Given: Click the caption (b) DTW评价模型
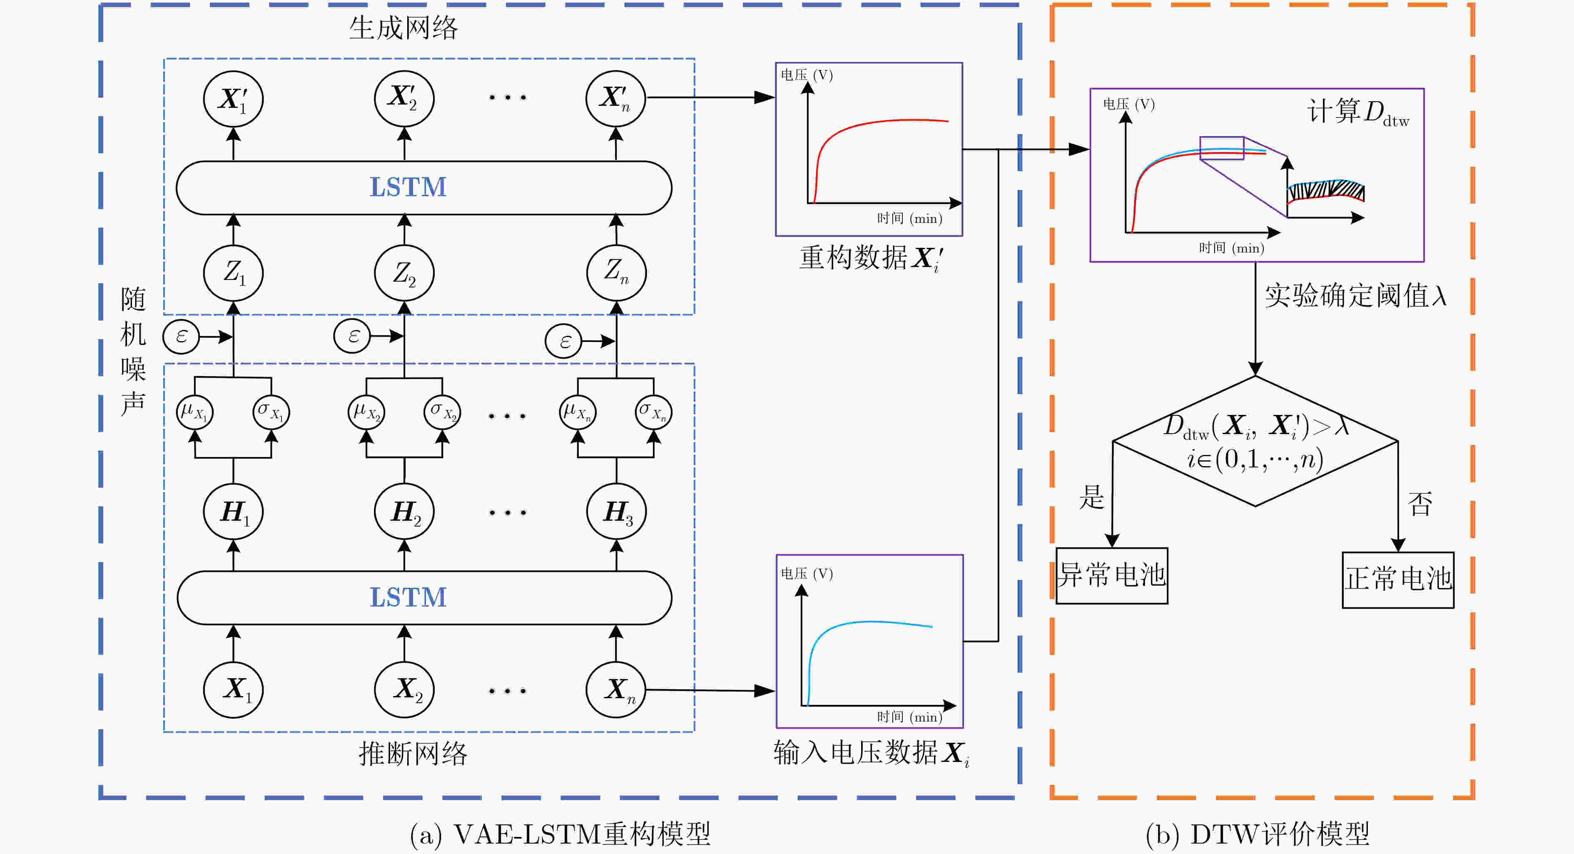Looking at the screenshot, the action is pos(1258,834).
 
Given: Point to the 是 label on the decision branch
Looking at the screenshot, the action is pos(1092,497).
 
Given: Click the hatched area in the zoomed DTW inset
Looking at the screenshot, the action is pos(1326,191).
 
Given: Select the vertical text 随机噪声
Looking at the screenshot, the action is pos(132,352).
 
